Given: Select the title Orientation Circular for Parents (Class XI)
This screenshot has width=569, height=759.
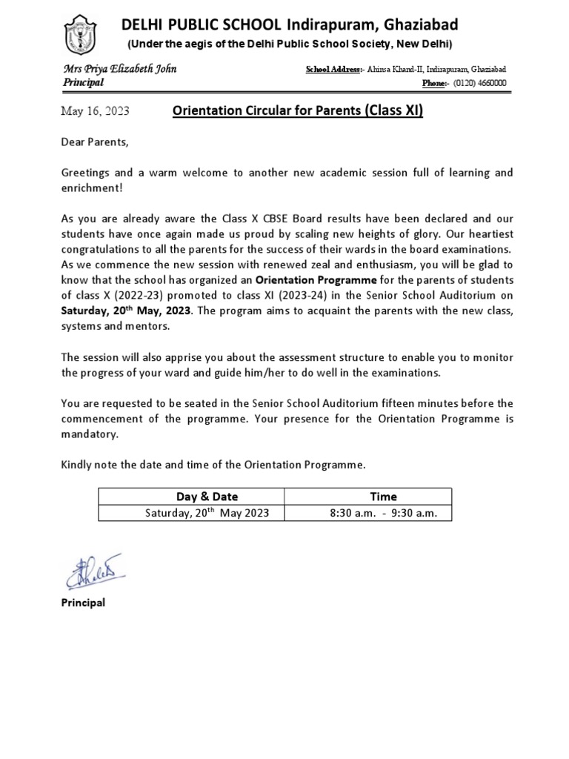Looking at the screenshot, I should [x=297, y=112].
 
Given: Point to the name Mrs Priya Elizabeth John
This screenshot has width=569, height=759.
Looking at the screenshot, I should [x=119, y=69].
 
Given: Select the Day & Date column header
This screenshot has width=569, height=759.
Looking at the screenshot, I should [x=207, y=496].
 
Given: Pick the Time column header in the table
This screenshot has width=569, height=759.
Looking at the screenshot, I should [x=383, y=496].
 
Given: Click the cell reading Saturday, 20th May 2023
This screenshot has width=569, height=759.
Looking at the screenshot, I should [x=207, y=513].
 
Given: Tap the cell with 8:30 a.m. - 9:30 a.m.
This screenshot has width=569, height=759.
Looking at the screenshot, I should [x=383, y=513].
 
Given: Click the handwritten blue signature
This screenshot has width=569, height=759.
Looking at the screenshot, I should [x=93, y=571].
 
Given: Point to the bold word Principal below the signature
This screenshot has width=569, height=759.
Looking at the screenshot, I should [x=83, y=603].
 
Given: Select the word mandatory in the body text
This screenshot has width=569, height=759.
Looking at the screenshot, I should [x=89, y=434].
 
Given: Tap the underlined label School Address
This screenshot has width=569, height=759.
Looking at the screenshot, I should [x=333, y=69].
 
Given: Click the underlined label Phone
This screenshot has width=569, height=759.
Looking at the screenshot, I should [x=434, y=83].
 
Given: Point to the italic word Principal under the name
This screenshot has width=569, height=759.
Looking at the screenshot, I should [x=83, y=83].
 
